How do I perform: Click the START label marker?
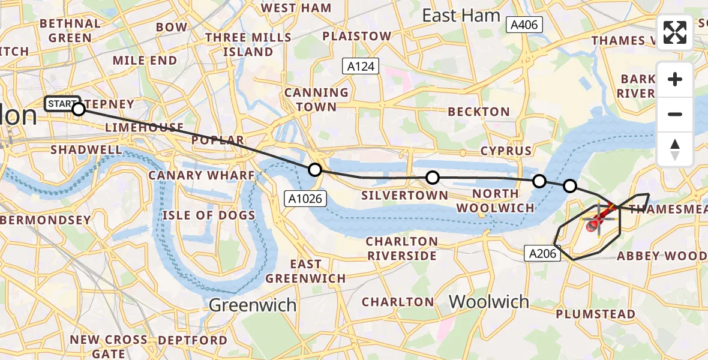point(62,104)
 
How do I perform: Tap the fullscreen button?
point(675,32)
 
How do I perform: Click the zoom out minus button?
point(675,114)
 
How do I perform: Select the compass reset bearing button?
point(675,149)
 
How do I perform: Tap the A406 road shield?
point(524,25)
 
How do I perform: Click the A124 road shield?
point(361,66)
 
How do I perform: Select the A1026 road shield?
point(305,197)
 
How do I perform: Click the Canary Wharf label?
point(202,175)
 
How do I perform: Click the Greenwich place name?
point(253,305)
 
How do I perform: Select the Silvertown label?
point(404,195)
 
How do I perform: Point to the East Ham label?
point(461,16)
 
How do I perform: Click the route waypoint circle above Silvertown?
point(432,178)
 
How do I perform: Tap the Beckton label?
point(479,112)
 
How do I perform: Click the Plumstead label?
point(595,314)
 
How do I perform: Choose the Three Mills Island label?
point(248,44)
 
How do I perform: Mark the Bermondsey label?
point(46,220)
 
